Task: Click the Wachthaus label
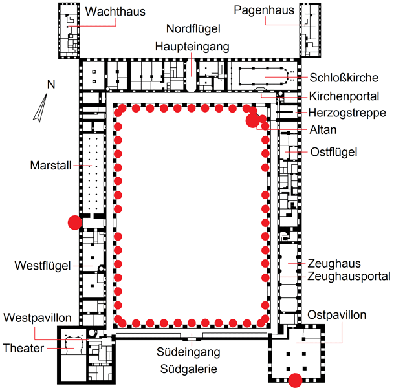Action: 115,12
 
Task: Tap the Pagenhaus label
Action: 264,10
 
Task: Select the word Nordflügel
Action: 193,29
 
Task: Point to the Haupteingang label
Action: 192,47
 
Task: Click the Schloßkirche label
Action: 344,78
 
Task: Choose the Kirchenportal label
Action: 344,96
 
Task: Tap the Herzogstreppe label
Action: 347,113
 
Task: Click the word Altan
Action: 323,130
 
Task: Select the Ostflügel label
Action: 334,152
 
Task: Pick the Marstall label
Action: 50,166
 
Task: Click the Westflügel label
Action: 43,266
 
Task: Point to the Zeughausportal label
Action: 349,276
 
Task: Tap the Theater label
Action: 23,349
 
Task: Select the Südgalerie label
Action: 189,369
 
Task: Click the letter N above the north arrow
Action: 51,84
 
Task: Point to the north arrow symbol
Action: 40,108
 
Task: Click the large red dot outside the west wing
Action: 75,222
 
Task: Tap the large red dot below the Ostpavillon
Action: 295,380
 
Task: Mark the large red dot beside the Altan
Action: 252,120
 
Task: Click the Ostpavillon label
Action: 336,315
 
